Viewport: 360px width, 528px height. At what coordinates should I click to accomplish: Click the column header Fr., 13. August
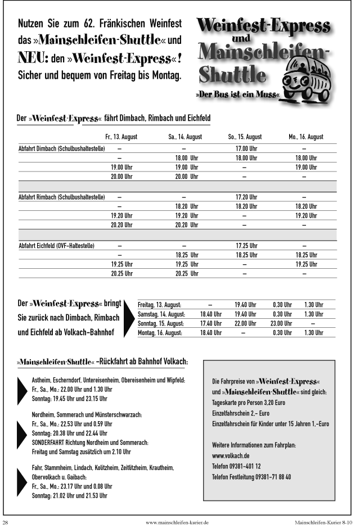pos(121,137)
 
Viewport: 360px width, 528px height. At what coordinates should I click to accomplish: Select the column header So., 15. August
pos(245,137)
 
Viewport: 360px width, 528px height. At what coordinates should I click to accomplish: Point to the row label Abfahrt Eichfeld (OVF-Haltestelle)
pos(56,246)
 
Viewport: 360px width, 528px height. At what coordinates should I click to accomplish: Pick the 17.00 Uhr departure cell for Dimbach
pos(246,149)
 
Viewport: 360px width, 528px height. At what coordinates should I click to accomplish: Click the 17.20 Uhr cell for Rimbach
pos(246,197)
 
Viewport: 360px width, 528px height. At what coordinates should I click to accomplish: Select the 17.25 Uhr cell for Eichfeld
pos(246,246)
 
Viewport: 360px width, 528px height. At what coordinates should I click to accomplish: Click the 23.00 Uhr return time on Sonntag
pos(281,323)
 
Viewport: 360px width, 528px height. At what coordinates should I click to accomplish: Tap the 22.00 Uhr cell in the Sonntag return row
pos(245,323)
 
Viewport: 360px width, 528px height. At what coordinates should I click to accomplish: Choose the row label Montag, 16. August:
pos(160,333)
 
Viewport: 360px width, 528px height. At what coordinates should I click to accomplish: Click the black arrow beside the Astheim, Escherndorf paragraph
pos(22,390)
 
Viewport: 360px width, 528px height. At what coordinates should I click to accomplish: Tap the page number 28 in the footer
pos(6,522)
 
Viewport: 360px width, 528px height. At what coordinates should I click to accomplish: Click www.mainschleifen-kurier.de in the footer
pos(177,522)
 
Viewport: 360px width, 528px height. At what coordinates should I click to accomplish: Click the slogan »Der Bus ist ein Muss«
pos(237,94)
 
